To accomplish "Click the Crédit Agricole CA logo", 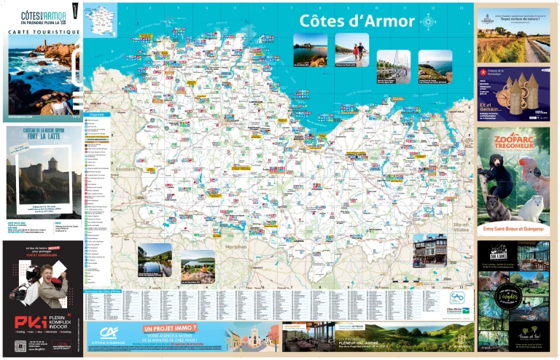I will click(x=110, y=334).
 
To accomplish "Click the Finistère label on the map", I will click(x=126, y=168).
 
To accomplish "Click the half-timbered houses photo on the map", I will click(x=428, y=251).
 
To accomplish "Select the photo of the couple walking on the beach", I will click(x=352, y=49).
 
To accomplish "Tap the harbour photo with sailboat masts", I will click(x=393, y=65).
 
